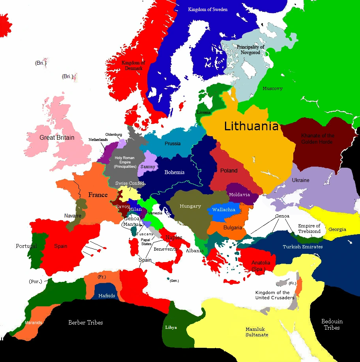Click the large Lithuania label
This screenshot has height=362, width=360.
251,126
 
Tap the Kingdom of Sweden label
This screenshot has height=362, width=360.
208,9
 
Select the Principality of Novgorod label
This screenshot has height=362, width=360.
250,49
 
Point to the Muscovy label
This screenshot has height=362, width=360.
272,89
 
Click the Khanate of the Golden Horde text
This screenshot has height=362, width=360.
317,139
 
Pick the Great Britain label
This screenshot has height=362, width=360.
57,138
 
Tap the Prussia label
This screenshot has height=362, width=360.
172,143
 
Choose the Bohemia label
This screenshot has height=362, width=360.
174,172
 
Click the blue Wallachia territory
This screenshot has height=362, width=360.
224,210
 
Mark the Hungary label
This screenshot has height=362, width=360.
190,206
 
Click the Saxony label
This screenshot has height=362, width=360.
148,167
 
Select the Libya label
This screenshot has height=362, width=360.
171,328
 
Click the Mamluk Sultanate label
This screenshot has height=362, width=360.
257,332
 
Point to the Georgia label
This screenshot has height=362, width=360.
337,229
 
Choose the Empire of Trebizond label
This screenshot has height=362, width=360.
309,229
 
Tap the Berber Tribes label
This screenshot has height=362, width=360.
86,323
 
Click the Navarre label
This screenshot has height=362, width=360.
73,216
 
